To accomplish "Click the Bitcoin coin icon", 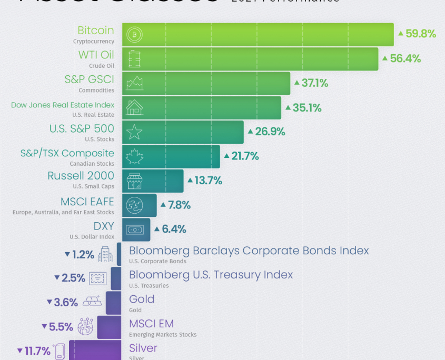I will [x=135, y=35].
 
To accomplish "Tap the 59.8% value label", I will [x=417, y=34].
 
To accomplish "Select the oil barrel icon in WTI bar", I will [x=135, y=59].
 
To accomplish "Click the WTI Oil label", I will [x=96, y=55].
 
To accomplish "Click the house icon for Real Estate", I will [x=135, y=107].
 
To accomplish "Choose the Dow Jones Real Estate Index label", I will [x=63, y=105].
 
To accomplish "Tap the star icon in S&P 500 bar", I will [x=135, y=132].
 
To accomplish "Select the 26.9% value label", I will [x=266, y=132].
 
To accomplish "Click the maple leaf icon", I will [x=135, y=156].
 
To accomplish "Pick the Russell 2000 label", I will [x=81, y=176].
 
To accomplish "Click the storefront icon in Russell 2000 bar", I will [x=135, y=181].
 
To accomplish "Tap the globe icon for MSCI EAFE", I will [x=135, y=205].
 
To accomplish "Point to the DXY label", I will [x=103, y=225].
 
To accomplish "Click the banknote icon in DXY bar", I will [x=135, y=229].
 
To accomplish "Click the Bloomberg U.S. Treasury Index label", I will [x=211, y=274].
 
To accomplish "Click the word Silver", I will [x=143, y=348].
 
